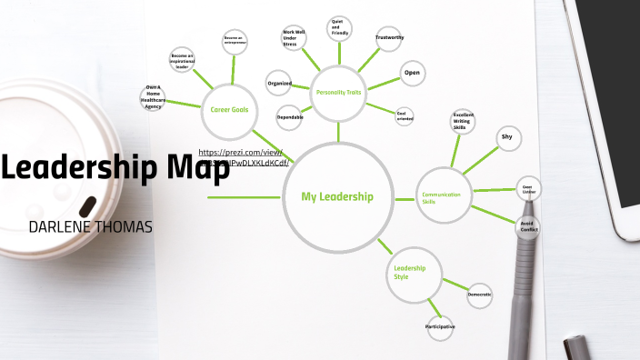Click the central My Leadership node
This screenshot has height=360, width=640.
pos(336,196)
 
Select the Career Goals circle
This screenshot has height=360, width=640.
pos(229,110)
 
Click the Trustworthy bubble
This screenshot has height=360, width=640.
pos(390,38)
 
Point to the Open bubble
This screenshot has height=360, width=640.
pos(412,74)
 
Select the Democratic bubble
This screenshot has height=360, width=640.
pos(480,295)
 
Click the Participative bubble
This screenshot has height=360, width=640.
pos(440,326)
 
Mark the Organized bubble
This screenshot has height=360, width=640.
pos(279,84)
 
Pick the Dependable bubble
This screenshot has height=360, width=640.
pos(290,117)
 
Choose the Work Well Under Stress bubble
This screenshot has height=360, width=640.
pos(294,38)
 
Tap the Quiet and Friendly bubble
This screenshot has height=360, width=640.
pos(339,28)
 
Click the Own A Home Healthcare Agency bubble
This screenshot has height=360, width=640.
pos(155,97)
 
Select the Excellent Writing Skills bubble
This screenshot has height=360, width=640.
pos(464,122)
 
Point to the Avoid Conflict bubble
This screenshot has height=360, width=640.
pos(529,225)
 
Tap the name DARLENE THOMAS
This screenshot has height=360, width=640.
pos(90,224)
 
